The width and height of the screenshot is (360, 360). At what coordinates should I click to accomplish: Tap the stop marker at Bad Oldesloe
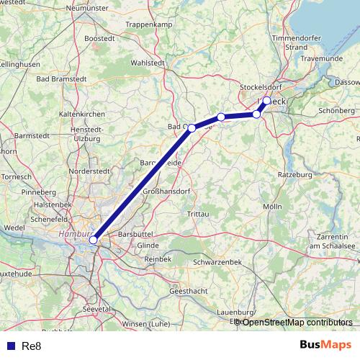192,127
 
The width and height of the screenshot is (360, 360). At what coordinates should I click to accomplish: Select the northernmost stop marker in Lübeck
266,100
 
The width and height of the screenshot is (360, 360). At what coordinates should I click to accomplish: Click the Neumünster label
86,8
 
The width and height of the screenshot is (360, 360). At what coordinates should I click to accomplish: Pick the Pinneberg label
39,192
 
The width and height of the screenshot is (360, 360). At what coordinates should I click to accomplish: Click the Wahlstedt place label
148,63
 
